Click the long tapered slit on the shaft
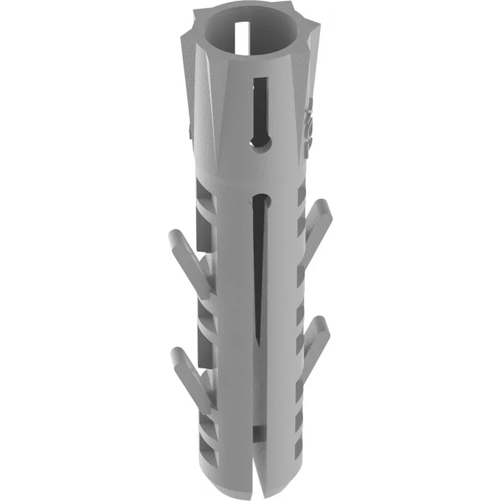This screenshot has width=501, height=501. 258,272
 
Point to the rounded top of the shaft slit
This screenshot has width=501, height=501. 258,199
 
